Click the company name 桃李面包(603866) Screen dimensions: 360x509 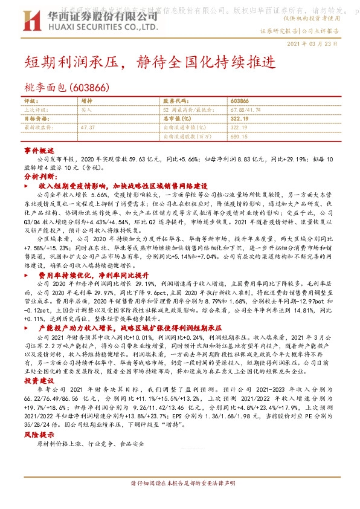pyautogui.click(x=66, y=88)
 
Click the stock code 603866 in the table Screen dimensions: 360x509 pyautogui.click(x=239, y=101)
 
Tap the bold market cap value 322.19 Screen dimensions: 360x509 pyautogui.click(x=240, y=118)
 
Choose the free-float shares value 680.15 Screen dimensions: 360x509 pyautogui.click(x=239, y=136)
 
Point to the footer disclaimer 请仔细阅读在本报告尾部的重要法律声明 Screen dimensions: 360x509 pyautogui.click(x=180, y=484)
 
